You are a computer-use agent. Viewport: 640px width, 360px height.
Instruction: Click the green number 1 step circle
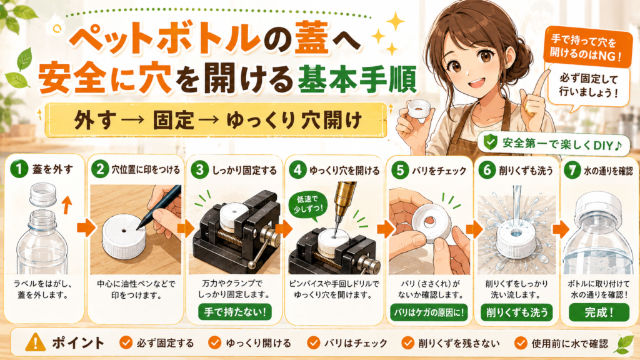pos(19,169)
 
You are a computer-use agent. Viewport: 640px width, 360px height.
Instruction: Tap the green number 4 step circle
pos(297,169)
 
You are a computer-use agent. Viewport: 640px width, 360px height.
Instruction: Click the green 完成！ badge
pos(599,312)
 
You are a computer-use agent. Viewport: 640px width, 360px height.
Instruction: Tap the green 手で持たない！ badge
pos(235,312)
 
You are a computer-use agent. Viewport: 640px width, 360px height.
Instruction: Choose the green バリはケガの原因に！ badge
pos(429,312)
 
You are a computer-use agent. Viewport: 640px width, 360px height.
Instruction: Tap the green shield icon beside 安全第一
pos(490,142)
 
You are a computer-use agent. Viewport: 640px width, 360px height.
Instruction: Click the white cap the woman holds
pos(419,110)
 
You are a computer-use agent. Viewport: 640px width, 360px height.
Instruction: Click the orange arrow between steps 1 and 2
pos(86,229)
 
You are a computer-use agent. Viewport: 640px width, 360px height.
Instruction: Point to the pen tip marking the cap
pos(138,227)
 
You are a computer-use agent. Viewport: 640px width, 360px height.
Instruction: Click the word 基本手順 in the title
pos(357,78)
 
